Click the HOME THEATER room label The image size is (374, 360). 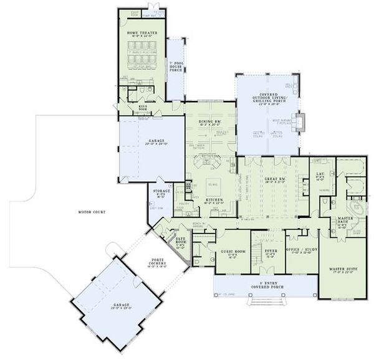[142, 33]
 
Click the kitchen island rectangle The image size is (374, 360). [213, 186]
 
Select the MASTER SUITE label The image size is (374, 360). [342, 270]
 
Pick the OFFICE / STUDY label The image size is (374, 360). [302, 250]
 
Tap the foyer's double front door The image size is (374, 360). [270, 272]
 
